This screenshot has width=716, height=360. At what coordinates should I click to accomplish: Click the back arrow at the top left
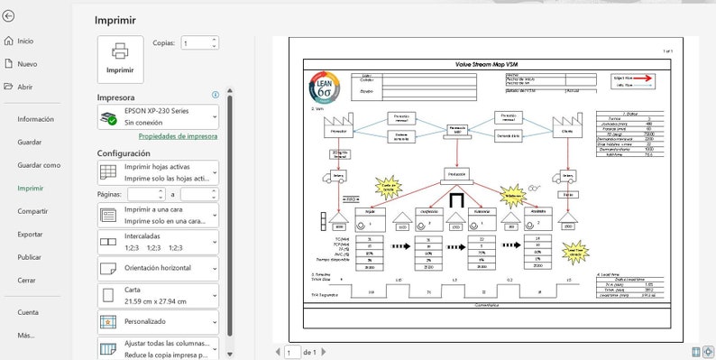click(x=9, y=15)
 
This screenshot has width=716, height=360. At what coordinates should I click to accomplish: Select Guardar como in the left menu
click(x=39, y=165)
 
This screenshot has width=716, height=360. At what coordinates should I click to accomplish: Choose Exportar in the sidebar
click(x=30, y=234)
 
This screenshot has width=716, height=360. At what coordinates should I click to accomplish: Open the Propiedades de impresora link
click(x=178, y=136)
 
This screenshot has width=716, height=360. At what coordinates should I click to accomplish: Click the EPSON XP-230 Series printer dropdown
click(x=158, y=115)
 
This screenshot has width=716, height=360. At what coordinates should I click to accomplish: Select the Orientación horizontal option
click(x=158, y=269)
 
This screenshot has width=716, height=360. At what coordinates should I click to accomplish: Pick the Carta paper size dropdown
click(x=158, y=295)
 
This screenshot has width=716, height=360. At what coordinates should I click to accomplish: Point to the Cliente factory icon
click(x=566, y=125)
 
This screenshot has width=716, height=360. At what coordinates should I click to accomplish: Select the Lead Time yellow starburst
click(x=574, y=254)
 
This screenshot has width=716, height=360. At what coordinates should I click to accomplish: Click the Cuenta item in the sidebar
click(x=28, y=312)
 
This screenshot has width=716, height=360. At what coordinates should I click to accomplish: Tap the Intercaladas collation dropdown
click(x=158, y=242)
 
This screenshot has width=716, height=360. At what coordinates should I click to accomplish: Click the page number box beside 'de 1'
click(x=292, y=352)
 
